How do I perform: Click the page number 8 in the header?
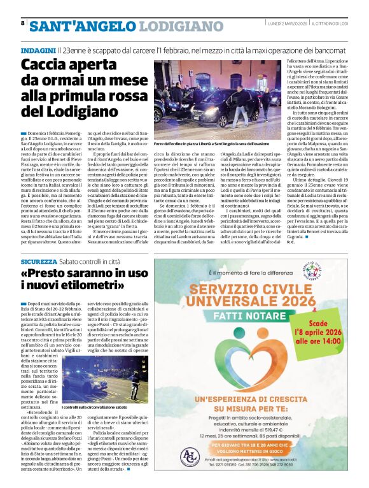22,23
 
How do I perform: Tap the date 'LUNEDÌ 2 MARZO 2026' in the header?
286,24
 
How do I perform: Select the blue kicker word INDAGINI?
38,50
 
